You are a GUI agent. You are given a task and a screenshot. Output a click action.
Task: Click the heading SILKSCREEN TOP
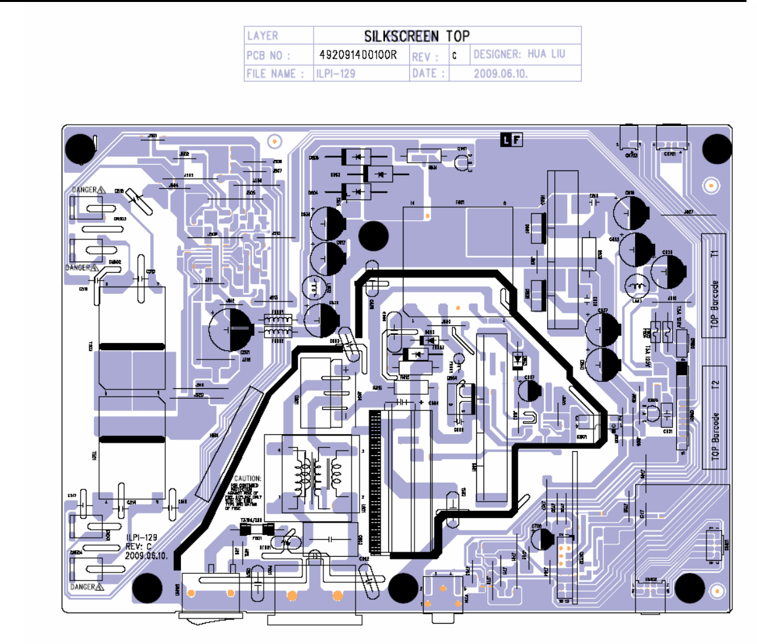417,36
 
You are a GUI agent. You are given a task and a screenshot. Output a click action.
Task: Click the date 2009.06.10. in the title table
501,73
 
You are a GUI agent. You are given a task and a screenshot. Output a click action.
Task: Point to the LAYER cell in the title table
262,36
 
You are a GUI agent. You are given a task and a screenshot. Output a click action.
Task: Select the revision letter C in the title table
454,56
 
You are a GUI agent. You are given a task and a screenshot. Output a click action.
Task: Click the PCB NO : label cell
269,55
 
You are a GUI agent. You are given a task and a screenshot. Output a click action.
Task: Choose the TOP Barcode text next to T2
714,433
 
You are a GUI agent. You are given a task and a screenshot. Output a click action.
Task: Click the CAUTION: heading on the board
247,479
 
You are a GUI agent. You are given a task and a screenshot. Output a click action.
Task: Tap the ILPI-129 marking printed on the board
142,537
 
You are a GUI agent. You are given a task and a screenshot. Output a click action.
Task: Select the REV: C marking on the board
138,546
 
